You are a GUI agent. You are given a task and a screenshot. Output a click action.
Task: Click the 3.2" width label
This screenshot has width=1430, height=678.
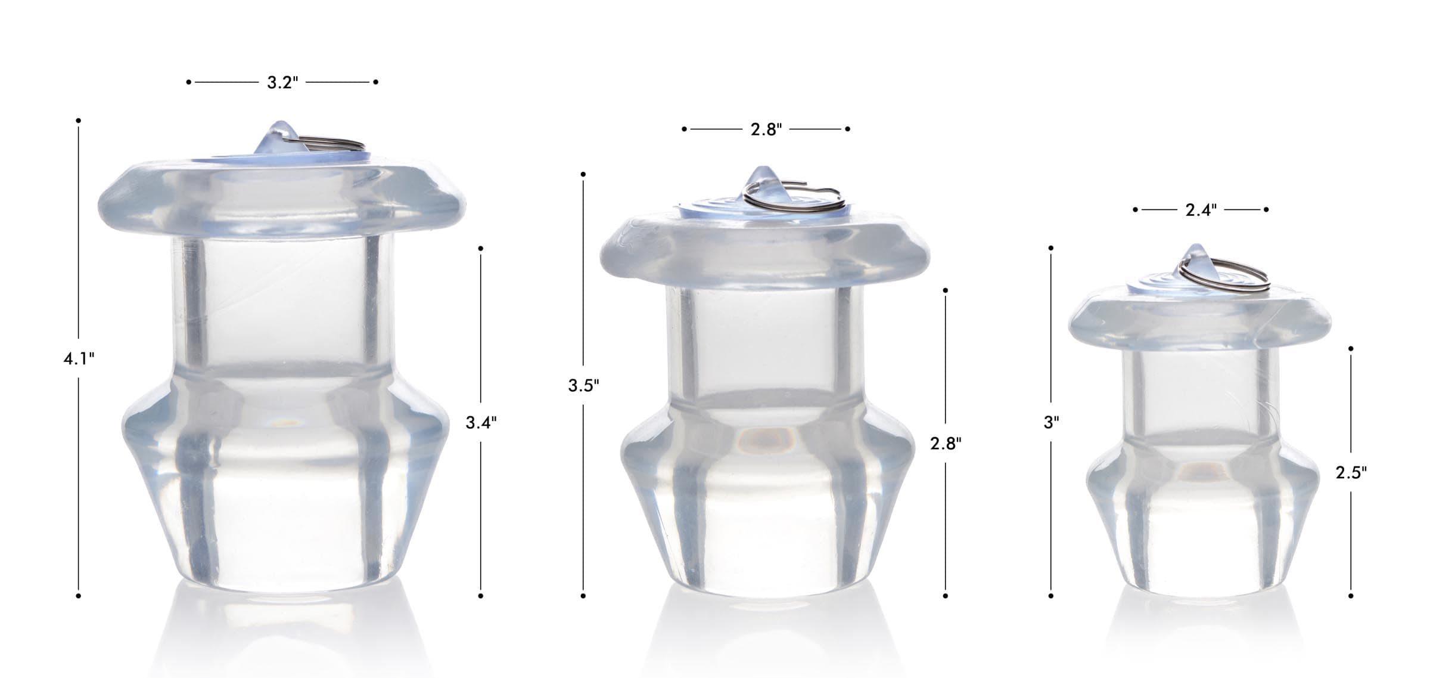[x=282, y=82]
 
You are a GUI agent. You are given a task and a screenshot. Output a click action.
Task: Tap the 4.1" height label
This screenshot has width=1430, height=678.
[x=79, y=359]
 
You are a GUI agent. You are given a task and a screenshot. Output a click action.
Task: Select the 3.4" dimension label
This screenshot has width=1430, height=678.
[x=481, y=423]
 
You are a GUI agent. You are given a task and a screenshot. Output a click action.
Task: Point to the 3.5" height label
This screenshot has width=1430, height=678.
[x=583, y=386]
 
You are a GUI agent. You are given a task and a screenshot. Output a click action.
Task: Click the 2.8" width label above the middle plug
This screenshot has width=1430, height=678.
[x=766, y=129]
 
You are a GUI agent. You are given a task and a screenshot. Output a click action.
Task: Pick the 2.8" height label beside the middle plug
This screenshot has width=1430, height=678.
[x=946, y=443]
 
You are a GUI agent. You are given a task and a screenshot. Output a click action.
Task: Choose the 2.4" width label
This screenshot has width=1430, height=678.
[x=1201, y=210]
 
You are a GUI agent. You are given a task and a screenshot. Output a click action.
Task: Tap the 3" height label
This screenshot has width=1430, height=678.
[x=1051, y=423]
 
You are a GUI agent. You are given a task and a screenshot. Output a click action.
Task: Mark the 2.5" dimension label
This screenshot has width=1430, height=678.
[x=1351, y=473]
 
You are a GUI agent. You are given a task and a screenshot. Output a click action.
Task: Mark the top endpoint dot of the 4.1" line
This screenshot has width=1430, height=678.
[x=79, y=120]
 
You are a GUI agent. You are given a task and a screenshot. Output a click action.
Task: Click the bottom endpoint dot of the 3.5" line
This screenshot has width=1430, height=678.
[x=583, y=596]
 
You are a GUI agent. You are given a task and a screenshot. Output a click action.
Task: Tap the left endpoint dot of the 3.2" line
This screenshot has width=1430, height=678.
[x=189, y=82]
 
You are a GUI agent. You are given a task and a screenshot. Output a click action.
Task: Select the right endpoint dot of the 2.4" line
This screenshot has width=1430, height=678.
[x=1266, y=209]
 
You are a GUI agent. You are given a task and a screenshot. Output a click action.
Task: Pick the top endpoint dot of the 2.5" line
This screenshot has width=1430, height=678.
[x=1351, y=348]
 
